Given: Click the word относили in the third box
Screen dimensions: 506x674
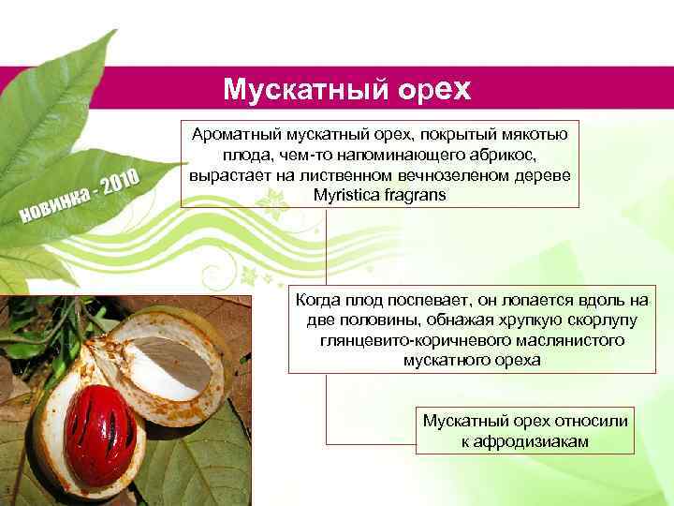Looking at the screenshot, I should click(590, 421).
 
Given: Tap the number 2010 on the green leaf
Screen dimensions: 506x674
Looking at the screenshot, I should click(121, 185).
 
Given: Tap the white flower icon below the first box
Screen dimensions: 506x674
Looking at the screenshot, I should click(277, 200).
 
